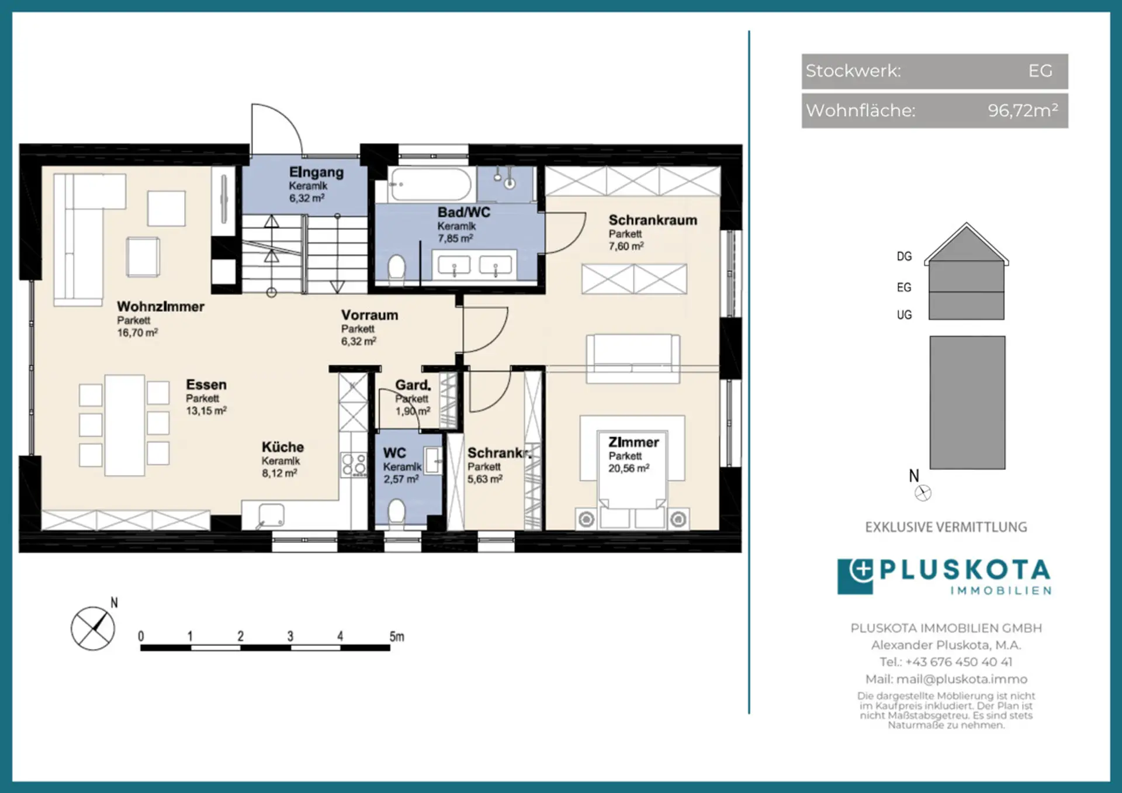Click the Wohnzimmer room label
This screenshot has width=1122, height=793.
click(161, 307)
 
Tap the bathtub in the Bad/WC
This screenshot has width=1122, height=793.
click(431, 185)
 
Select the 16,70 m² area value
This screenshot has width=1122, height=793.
click(137, 333)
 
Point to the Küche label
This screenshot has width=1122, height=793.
click(283, 447)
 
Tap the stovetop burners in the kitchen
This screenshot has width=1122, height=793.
click(354, 465)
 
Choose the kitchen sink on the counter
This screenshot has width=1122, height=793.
click(271, 515)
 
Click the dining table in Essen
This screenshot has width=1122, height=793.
click(124, 425)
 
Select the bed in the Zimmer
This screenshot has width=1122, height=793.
click(632, 471)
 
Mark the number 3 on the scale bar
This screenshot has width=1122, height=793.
click(290, 636)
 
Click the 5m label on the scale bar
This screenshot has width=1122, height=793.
click(397, 636)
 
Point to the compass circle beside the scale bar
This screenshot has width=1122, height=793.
click(93, 628)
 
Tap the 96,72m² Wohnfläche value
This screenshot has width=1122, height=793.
click(1023, 110)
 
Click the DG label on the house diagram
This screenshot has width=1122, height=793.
click(904, 256)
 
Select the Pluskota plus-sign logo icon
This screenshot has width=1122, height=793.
click(856, 576)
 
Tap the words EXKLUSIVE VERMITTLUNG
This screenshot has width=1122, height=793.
click(946, 527)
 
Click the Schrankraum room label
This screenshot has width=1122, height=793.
click(653, 220)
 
